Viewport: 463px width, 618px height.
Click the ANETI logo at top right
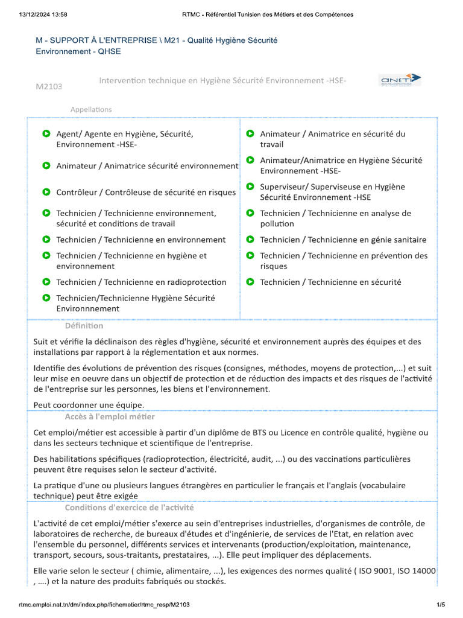pyautogui.click(x=400, y=80)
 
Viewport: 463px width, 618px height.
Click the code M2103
pyautogui.click(x=49, y=87)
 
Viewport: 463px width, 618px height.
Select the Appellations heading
pyautogui.click(x=91, y=109)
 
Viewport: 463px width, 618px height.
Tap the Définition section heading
pyautogui.click(x=84, y=326)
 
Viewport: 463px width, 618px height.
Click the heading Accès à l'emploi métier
pyautogui.click(x=110, y=417)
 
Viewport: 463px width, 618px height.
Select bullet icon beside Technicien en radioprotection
pyautogui.click(x=46, y=282)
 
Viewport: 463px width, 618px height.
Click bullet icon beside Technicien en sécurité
pyautogui.click(x=250, y=282)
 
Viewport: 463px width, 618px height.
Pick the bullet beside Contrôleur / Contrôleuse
pyautogui.click(x=46, y=193)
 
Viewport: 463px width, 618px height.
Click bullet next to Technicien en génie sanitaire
pyautogui.click(x=250, y=240)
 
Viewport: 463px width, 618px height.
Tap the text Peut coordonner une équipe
pyautogui.click(x=89, y=404)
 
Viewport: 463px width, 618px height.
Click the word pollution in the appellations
pyautogui.click(x=277, y=224)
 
